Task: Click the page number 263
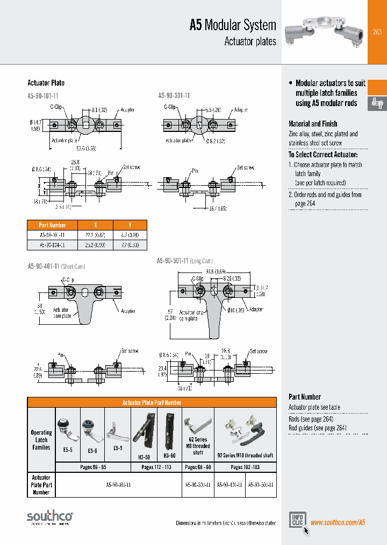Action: pos(377,32)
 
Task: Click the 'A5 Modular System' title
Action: pos(233,25)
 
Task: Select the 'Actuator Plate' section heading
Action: pos(46,83)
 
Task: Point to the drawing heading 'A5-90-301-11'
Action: pos(174,95)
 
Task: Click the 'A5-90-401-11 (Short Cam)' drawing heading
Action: pos(56,266)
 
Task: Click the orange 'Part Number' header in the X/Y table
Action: pos(53,225)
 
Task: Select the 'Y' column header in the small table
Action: pos(130,225)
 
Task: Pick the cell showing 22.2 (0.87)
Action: pos(95,235)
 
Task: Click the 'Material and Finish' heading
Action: pos(313,124)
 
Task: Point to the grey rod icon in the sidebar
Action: pos(377,103)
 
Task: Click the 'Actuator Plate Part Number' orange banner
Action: pos(152,402)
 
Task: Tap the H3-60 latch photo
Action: pos(170,431)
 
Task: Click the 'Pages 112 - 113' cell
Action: pos(156,467)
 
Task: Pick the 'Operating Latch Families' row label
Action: pos(41,440)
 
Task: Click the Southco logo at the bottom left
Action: pos(50,518)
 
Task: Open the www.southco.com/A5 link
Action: pos(338,522)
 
